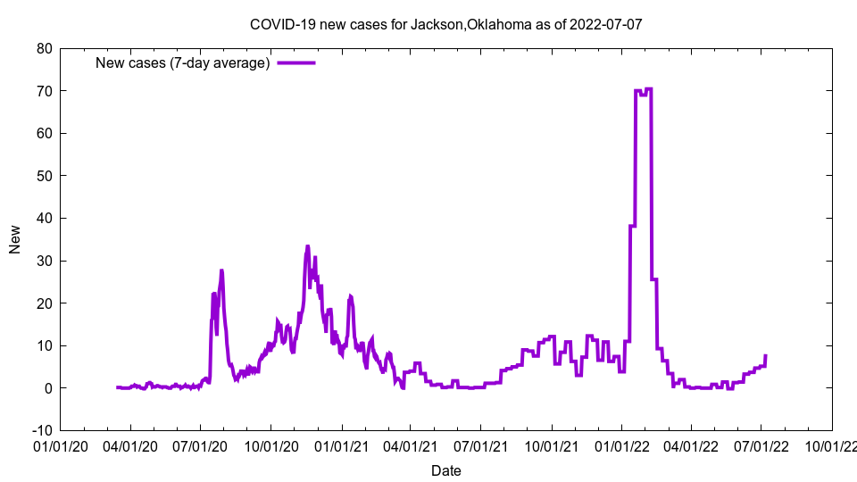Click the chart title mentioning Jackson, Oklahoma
tap(445, 25)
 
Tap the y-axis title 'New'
tap(15, 239)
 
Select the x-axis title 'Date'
tap(445, 470)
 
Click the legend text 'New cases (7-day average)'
tap(183, 62)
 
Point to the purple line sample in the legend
tap(295, 62)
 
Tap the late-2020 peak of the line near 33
tap(308, 246)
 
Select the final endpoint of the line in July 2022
tap(765, 356)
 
